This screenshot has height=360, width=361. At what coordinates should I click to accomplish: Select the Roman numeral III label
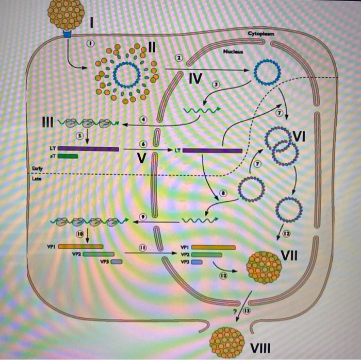[x=47, y=123]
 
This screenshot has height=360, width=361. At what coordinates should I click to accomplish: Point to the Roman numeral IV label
[x=195, y=78]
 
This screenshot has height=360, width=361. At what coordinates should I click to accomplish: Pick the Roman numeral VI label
[x=299, y=136]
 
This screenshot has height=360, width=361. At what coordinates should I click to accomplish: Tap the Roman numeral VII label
[x=292, y=254]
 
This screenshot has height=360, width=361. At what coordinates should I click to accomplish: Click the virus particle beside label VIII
[x=227, y=338]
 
